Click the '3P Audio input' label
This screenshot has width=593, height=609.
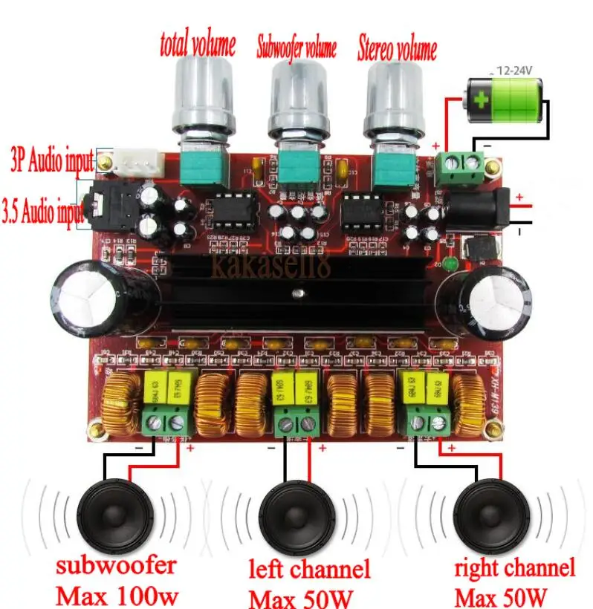[51, 160]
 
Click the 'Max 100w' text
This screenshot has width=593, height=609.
[117, 596]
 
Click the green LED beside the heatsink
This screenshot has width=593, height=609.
[450, 264]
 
